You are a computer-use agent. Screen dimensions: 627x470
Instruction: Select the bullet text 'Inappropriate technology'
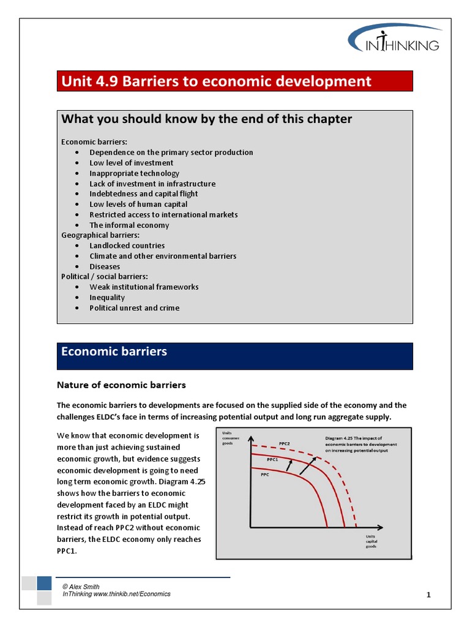click(x=134, y=173)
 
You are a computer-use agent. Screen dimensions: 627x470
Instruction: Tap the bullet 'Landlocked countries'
click(x=127, y=246)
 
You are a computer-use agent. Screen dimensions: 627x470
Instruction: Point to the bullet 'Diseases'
click(x=105, y=266)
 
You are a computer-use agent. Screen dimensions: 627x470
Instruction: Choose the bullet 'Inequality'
click(x=107, y=298)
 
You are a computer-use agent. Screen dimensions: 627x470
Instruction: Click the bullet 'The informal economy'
click(x=129, y=225)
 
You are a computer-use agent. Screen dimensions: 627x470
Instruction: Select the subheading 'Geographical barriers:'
click(x=100, y=235)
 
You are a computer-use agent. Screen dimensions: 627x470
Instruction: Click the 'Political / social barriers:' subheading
click(x=104, y=277)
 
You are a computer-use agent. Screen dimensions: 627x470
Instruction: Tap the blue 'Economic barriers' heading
click(x=114, y=352)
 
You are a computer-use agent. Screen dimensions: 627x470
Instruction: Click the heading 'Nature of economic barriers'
click(x=121, y=385)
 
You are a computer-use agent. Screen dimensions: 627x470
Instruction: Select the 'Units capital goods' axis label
click(x=371, y=541)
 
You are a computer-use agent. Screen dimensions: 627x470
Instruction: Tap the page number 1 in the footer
click(x=429, y=595)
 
